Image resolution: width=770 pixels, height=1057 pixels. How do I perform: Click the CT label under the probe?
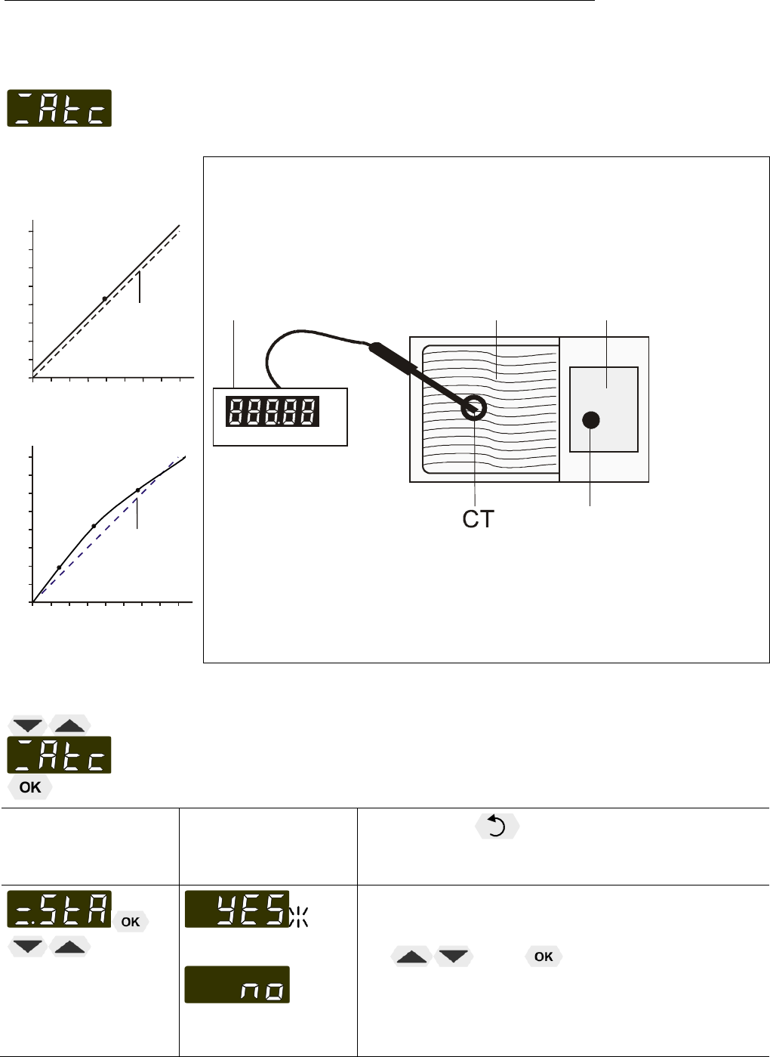(478, 519)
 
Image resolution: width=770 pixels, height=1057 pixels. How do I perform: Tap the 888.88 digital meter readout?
(273, 412)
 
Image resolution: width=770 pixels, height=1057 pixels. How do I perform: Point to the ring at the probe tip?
(473, 408)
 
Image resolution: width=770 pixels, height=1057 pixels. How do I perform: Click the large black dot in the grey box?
(591, 420)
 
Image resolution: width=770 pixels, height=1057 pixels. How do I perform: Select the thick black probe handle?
(393, 359)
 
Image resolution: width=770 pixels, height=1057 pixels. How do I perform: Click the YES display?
(237, 909)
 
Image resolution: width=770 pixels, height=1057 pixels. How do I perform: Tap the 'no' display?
(237, 984)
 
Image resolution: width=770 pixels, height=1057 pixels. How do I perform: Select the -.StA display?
(59, 909)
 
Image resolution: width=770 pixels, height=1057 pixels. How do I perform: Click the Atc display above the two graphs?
(59, 108)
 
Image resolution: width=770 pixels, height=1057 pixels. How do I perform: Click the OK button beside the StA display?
(131, 922)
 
